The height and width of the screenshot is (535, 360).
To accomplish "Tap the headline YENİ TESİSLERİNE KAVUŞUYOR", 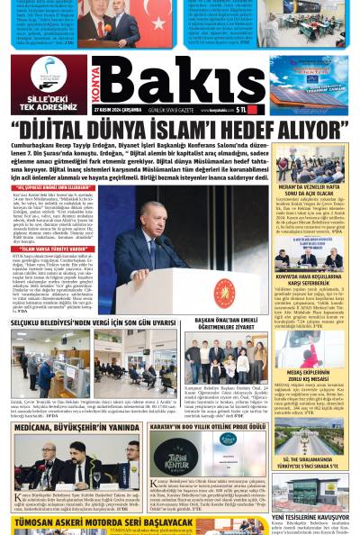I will coord(311,517).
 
